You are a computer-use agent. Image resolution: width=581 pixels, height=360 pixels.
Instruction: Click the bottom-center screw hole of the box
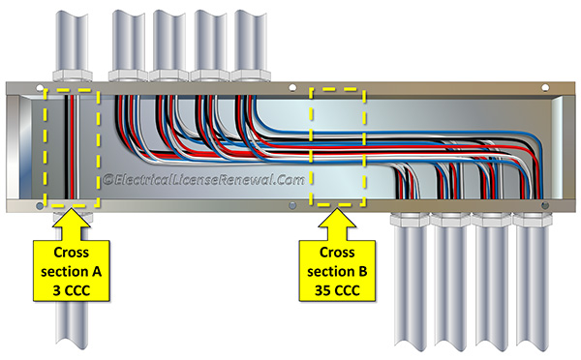coord(290,205)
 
